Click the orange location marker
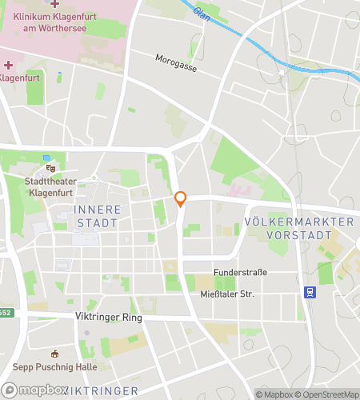click(181, 199)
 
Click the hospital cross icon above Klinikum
click(54, 4)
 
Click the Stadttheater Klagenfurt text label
click(51, 186)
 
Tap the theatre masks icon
click(51, 169)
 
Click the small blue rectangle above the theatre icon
click(47, 158)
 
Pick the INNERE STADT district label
click(97, 216)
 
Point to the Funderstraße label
click(239, 273)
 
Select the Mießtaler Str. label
click(226, 294)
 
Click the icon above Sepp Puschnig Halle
click(54, 354)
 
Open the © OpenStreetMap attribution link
click(330, 394)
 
